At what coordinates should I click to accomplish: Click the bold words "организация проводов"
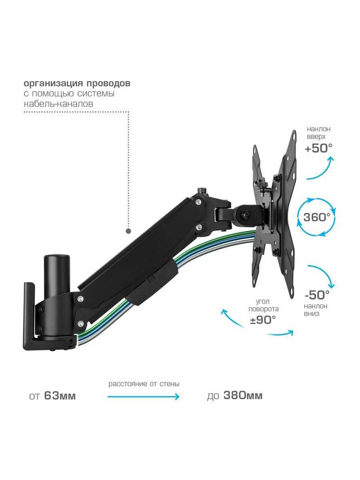[x=77, y=84]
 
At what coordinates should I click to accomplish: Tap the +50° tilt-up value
[x=318, y=148]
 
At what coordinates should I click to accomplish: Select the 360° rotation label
[x=317, y=217]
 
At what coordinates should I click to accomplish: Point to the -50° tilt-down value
[x=317, y=295]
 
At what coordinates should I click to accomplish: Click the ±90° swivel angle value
[x=262, y=320]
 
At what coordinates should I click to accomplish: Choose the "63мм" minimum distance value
[x=60, y=396]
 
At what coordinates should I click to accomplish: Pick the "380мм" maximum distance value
[x=243, y=396]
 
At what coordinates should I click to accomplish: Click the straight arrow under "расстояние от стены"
[x=143, y=396]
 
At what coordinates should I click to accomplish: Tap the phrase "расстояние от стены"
[x=144, y=384]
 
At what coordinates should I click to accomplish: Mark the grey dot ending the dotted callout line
[x=128, y=231]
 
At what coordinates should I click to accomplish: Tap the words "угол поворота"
[x=263, y=305]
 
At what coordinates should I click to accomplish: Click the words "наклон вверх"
[x=319, y=132]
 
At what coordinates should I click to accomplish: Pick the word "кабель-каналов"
[x=58, y=104]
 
